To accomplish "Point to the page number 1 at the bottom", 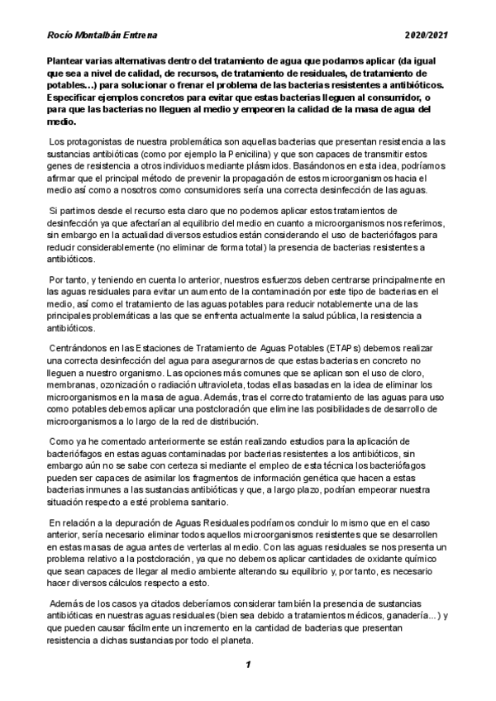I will (x=247, y=663).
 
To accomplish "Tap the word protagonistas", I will (x=103, y=141).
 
